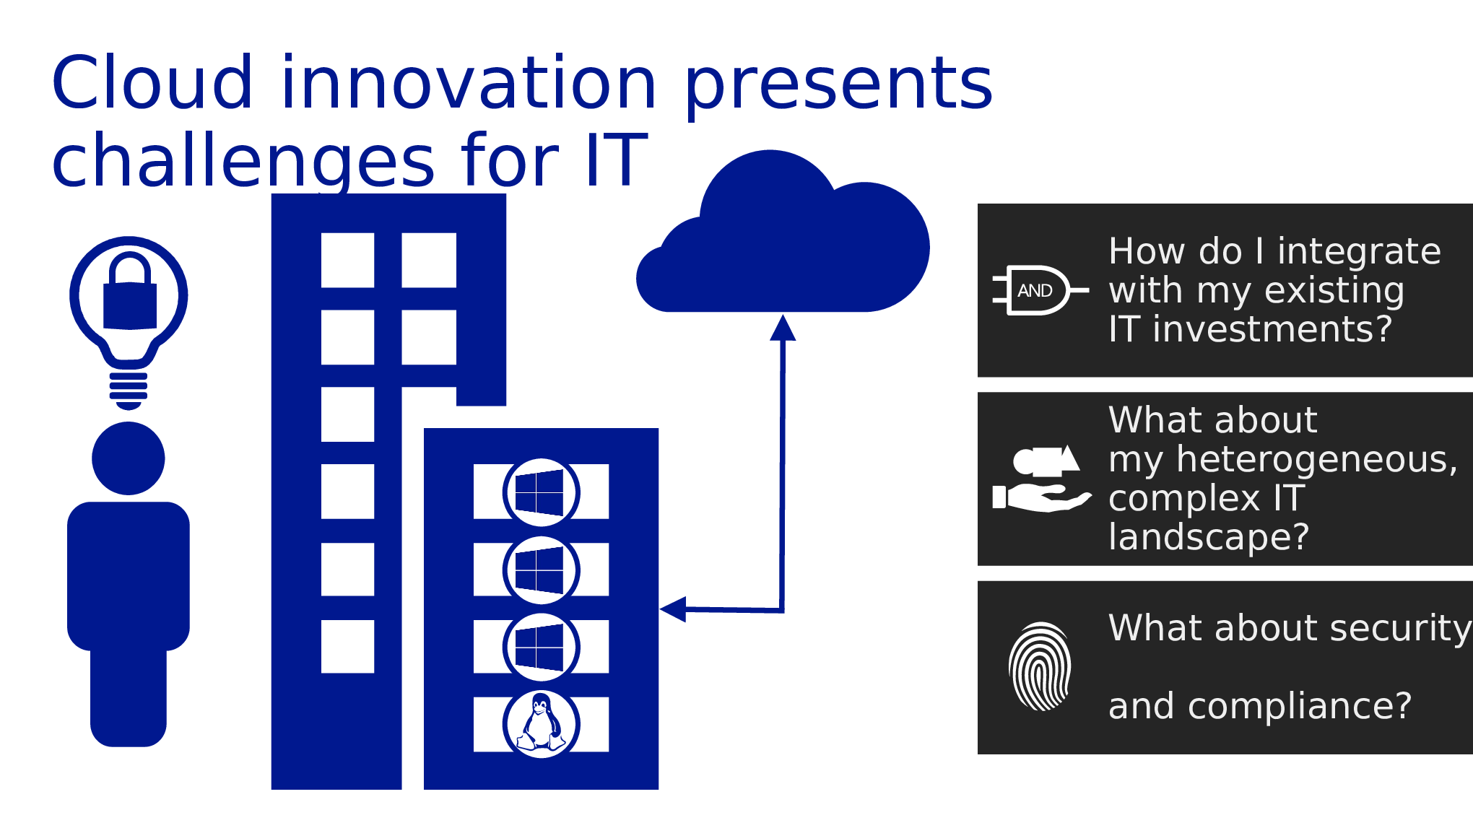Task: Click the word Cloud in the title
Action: tap(152, 84)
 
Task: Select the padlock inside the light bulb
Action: tap(130, 293)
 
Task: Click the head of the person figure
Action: tap(129, 458)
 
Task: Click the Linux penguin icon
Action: tap(541, 723)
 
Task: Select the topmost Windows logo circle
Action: tap(541, 492)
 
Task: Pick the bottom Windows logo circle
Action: tap(541, 648)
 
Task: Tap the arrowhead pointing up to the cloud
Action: tap(783, 328)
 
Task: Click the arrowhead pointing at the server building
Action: tap(674, 609)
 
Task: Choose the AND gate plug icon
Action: tap(1038, 290)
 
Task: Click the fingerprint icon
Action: tap(1040, 666)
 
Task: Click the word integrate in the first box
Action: tap(1359, 252)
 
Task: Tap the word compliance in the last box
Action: tap(1299, 706)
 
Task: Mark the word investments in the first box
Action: tap(1272, 330)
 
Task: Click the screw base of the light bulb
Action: tap(129, 391)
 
